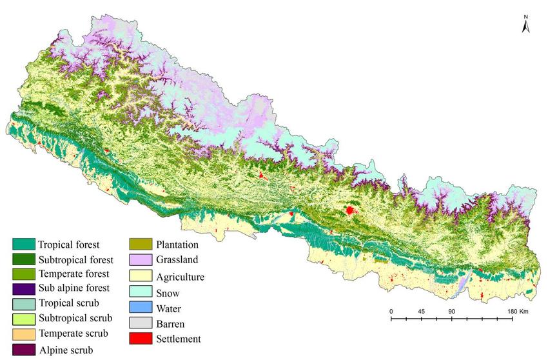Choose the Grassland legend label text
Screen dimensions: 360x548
[177, 261]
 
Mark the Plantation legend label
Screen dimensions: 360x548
[177, 245]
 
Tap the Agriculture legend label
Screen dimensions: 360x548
[181, 276]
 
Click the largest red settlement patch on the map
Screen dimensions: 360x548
[350, 210]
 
